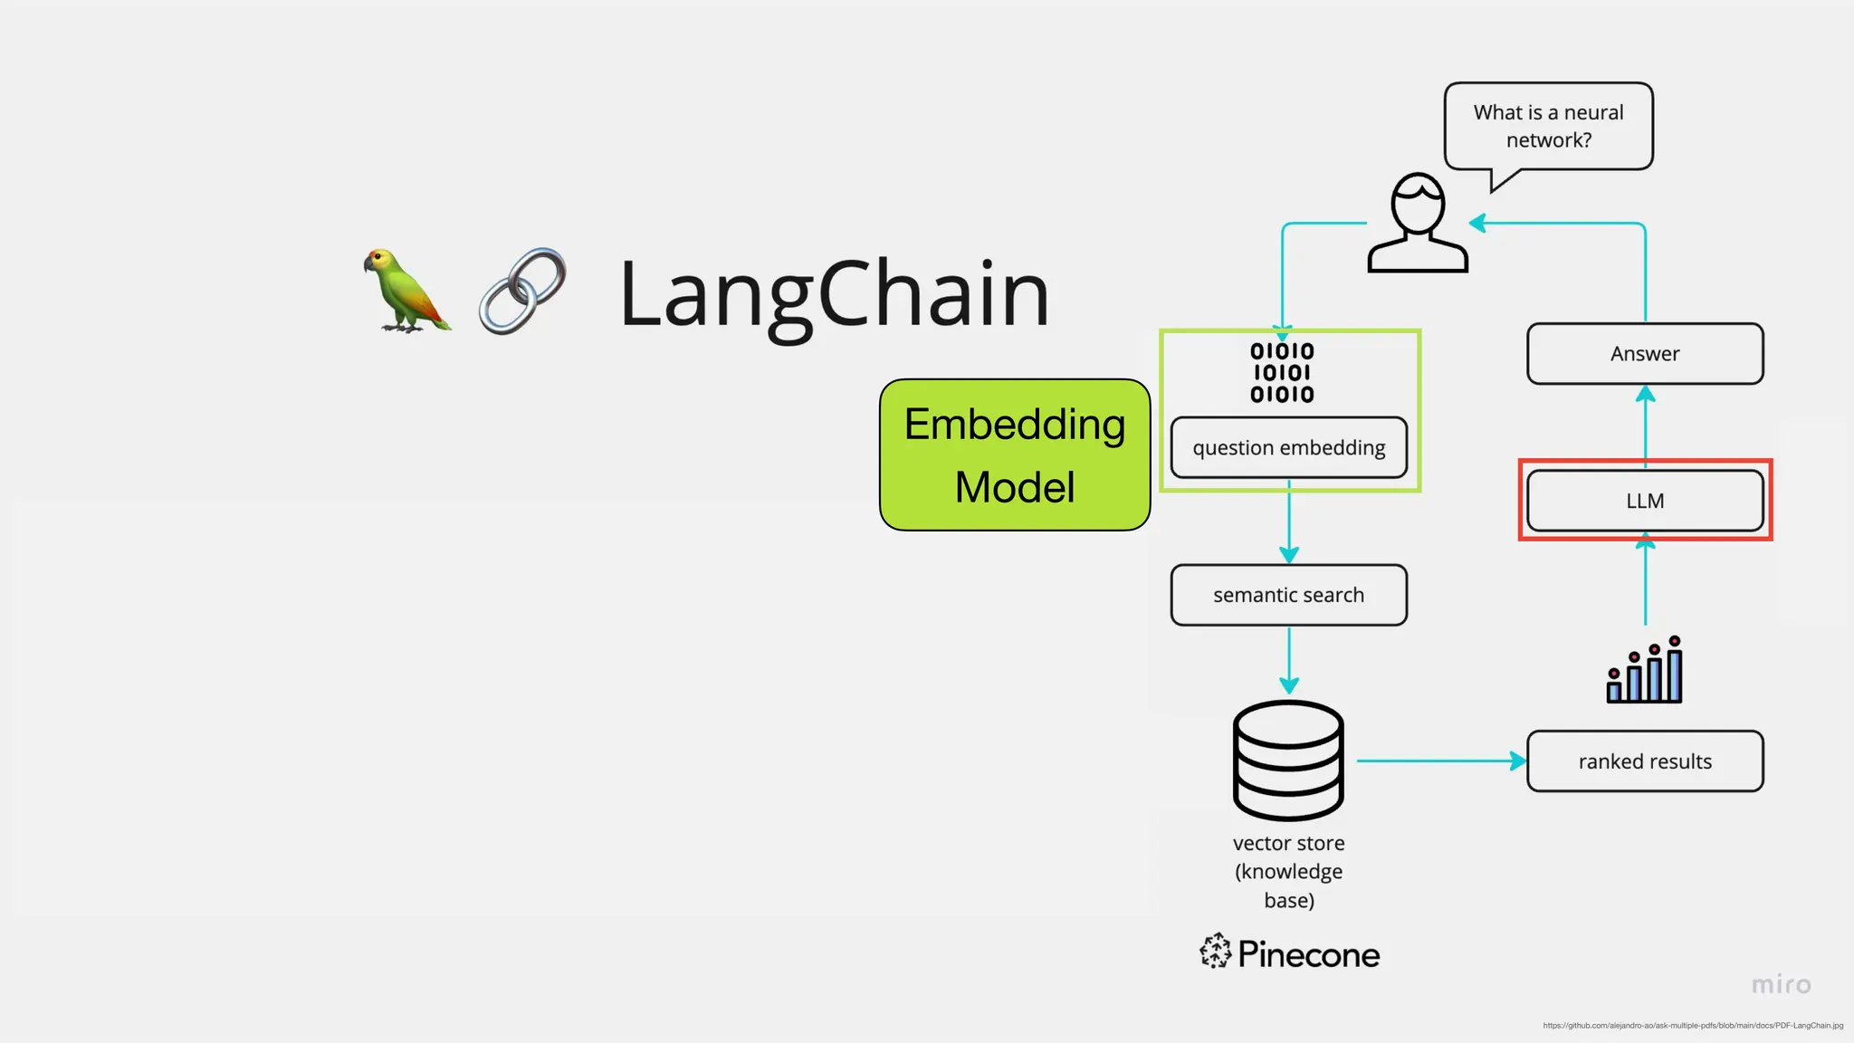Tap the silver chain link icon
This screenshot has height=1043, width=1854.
(x=522, y=292)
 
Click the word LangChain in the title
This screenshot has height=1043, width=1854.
(x=833, y=294)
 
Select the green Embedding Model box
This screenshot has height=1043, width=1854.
(x=1014, y=455)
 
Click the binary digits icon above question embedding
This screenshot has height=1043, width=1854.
(x=1282, y=372)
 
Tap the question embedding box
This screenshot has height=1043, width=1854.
(x=1288, y=447)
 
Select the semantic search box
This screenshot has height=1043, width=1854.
(x=1288, y=595)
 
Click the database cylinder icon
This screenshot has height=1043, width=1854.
(x=1288, y=761)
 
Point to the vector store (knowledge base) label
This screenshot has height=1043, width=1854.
(x=1288, y=871)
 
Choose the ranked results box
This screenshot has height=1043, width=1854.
(x=1645, y=761)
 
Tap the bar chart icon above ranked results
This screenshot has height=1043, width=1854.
(x=1644, y=671)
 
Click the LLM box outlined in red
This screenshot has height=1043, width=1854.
(x=1645, y=501)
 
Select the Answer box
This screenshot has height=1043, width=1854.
(x=1645, y=353)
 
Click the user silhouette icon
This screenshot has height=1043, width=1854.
(x=1418, y=224)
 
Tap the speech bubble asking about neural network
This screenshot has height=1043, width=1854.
(x=1548, y=126)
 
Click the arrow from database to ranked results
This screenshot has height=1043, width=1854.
(x=1439, y=761)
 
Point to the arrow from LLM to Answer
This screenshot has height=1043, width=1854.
(x=1646, y=426)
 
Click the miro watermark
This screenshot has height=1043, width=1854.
(x=1781, y=984)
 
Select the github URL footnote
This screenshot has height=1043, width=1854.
(x=1693, y=1026)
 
